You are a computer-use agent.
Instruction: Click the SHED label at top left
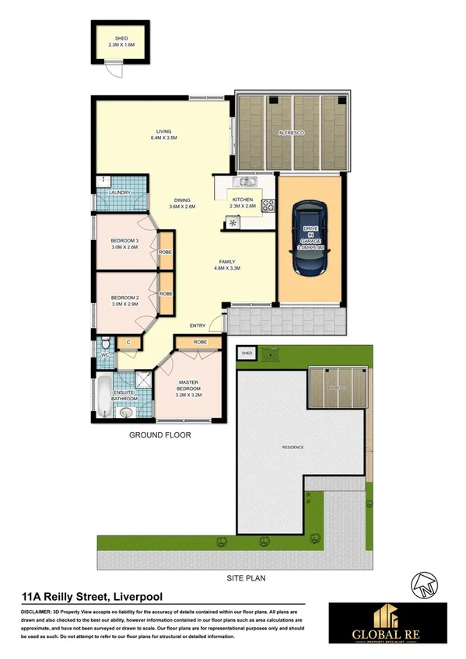pyautogui.click(x=121, y=37)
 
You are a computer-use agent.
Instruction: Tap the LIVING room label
pyautogui.click(x=163, y=132)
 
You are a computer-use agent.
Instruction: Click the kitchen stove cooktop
pyautogui.click(x=268, y=207)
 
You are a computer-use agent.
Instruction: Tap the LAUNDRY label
pyautogui.click(x=119, y=192)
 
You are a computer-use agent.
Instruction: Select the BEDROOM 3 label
pyautogui.click(x=124, y=240)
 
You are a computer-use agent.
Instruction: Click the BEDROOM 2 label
pyautogui.click(x=124, y=298)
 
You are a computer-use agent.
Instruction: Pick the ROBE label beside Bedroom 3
pyautogui.click(x=165, y=253)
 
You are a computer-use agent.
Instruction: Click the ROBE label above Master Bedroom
pyautogui.click(x=200, y=342)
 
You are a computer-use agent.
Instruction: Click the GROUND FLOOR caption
pyautogui.click(x=159, y=436)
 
